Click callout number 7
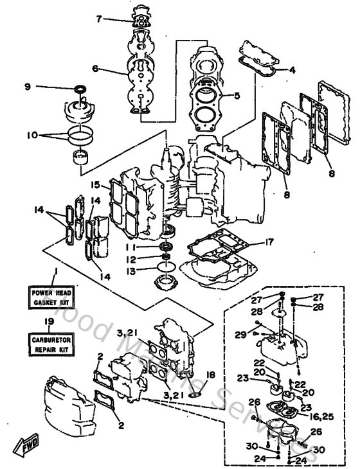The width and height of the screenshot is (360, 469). point(98,19)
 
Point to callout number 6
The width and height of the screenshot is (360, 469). point(95,69)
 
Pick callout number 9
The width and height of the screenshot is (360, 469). point(28,87)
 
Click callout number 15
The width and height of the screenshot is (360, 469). point(96,185)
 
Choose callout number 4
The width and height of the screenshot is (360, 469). point(292,70)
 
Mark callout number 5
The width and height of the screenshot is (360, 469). point(237,96)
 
